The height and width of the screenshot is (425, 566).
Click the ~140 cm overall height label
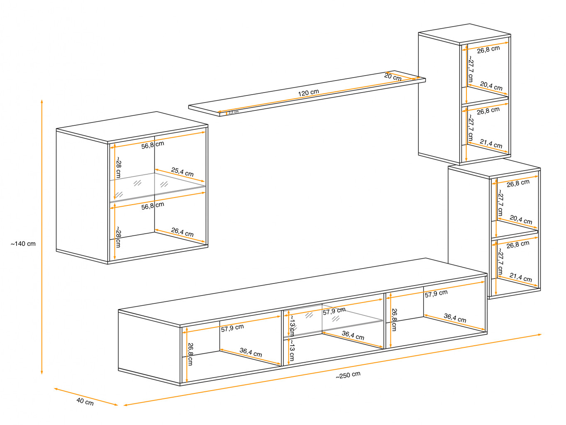(23, 244)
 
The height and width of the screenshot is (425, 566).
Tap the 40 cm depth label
(85, 402)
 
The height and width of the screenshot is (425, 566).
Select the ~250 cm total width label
(348, 375)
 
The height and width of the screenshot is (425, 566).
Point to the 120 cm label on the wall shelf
(308, 93)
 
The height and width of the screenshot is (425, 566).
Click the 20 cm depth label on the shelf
(393, 77)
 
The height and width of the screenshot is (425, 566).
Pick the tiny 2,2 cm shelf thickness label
(234, 112)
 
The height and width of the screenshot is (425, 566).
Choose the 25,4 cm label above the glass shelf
(182, 172)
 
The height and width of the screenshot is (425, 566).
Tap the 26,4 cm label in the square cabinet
(182, 232)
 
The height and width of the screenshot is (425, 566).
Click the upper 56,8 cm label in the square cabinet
(153, 145)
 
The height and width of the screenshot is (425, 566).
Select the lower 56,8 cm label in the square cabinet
(153, 206)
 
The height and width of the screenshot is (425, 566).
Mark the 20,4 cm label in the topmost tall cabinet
(491, 85)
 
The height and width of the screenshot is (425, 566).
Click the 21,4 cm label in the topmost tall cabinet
(491, 144)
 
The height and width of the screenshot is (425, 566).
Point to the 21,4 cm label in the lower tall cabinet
(521, 277)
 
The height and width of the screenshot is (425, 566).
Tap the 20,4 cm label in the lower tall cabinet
(521, 220)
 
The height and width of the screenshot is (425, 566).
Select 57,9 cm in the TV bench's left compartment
(232, 328)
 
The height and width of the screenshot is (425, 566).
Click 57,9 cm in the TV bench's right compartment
(436, 294)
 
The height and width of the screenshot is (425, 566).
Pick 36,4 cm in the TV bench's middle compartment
(353, 335)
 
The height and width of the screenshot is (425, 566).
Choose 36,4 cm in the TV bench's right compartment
(455, 318)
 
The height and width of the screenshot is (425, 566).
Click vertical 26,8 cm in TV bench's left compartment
(190, 354)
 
